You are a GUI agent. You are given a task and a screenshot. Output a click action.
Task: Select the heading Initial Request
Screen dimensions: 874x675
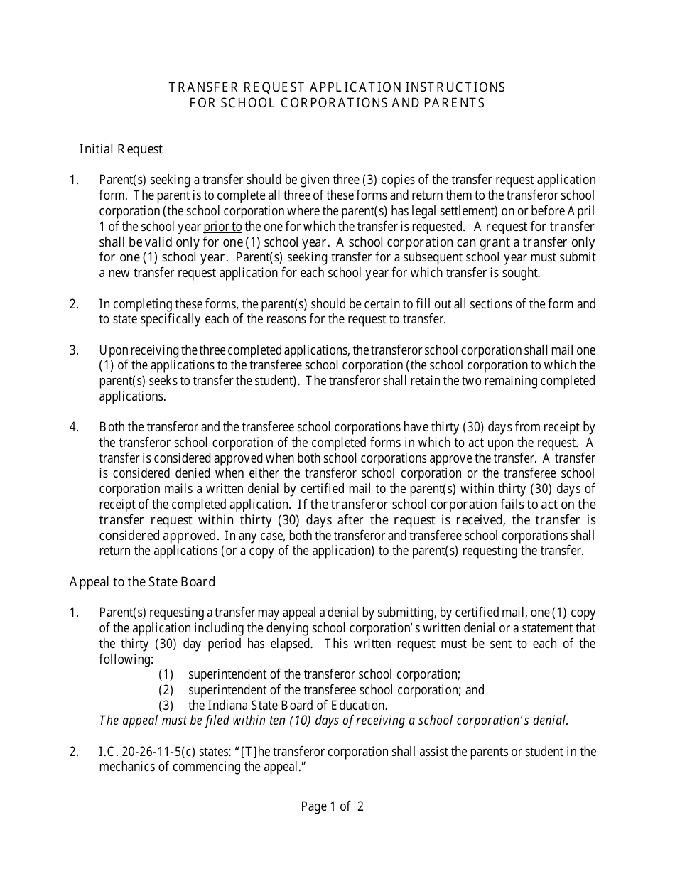pos(121,149)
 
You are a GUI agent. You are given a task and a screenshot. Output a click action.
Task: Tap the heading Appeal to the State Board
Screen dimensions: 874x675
pos(142,582)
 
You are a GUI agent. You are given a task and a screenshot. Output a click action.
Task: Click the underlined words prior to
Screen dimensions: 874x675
pos(222,227)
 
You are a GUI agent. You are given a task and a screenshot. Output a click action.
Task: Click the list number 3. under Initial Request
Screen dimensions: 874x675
pos(74,350)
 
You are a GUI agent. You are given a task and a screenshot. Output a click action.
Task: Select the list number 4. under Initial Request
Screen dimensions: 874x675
pos(74,427)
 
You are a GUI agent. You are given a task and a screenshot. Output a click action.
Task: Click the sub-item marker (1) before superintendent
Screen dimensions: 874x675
pos(166,674)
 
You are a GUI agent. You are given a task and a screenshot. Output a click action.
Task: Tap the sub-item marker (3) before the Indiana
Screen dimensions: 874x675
pos(166,706)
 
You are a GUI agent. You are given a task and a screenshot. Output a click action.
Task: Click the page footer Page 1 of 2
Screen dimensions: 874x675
pos(332,806)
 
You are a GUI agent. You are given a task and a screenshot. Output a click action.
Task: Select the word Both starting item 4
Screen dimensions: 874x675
pos(112,427)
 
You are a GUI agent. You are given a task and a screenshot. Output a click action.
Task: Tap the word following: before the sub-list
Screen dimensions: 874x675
pos(126,659)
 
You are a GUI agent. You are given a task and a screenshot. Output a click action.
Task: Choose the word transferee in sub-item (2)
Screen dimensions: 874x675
pos(330,690)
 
